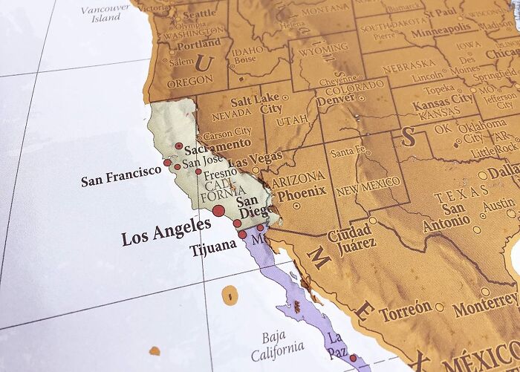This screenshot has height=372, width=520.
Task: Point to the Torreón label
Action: (x=405, y=310)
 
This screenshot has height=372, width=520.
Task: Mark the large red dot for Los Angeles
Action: (x=218, y=212)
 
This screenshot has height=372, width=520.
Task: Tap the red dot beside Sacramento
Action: (x=179, y=146)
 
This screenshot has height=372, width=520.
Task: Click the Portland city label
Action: (x=198, y=44)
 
